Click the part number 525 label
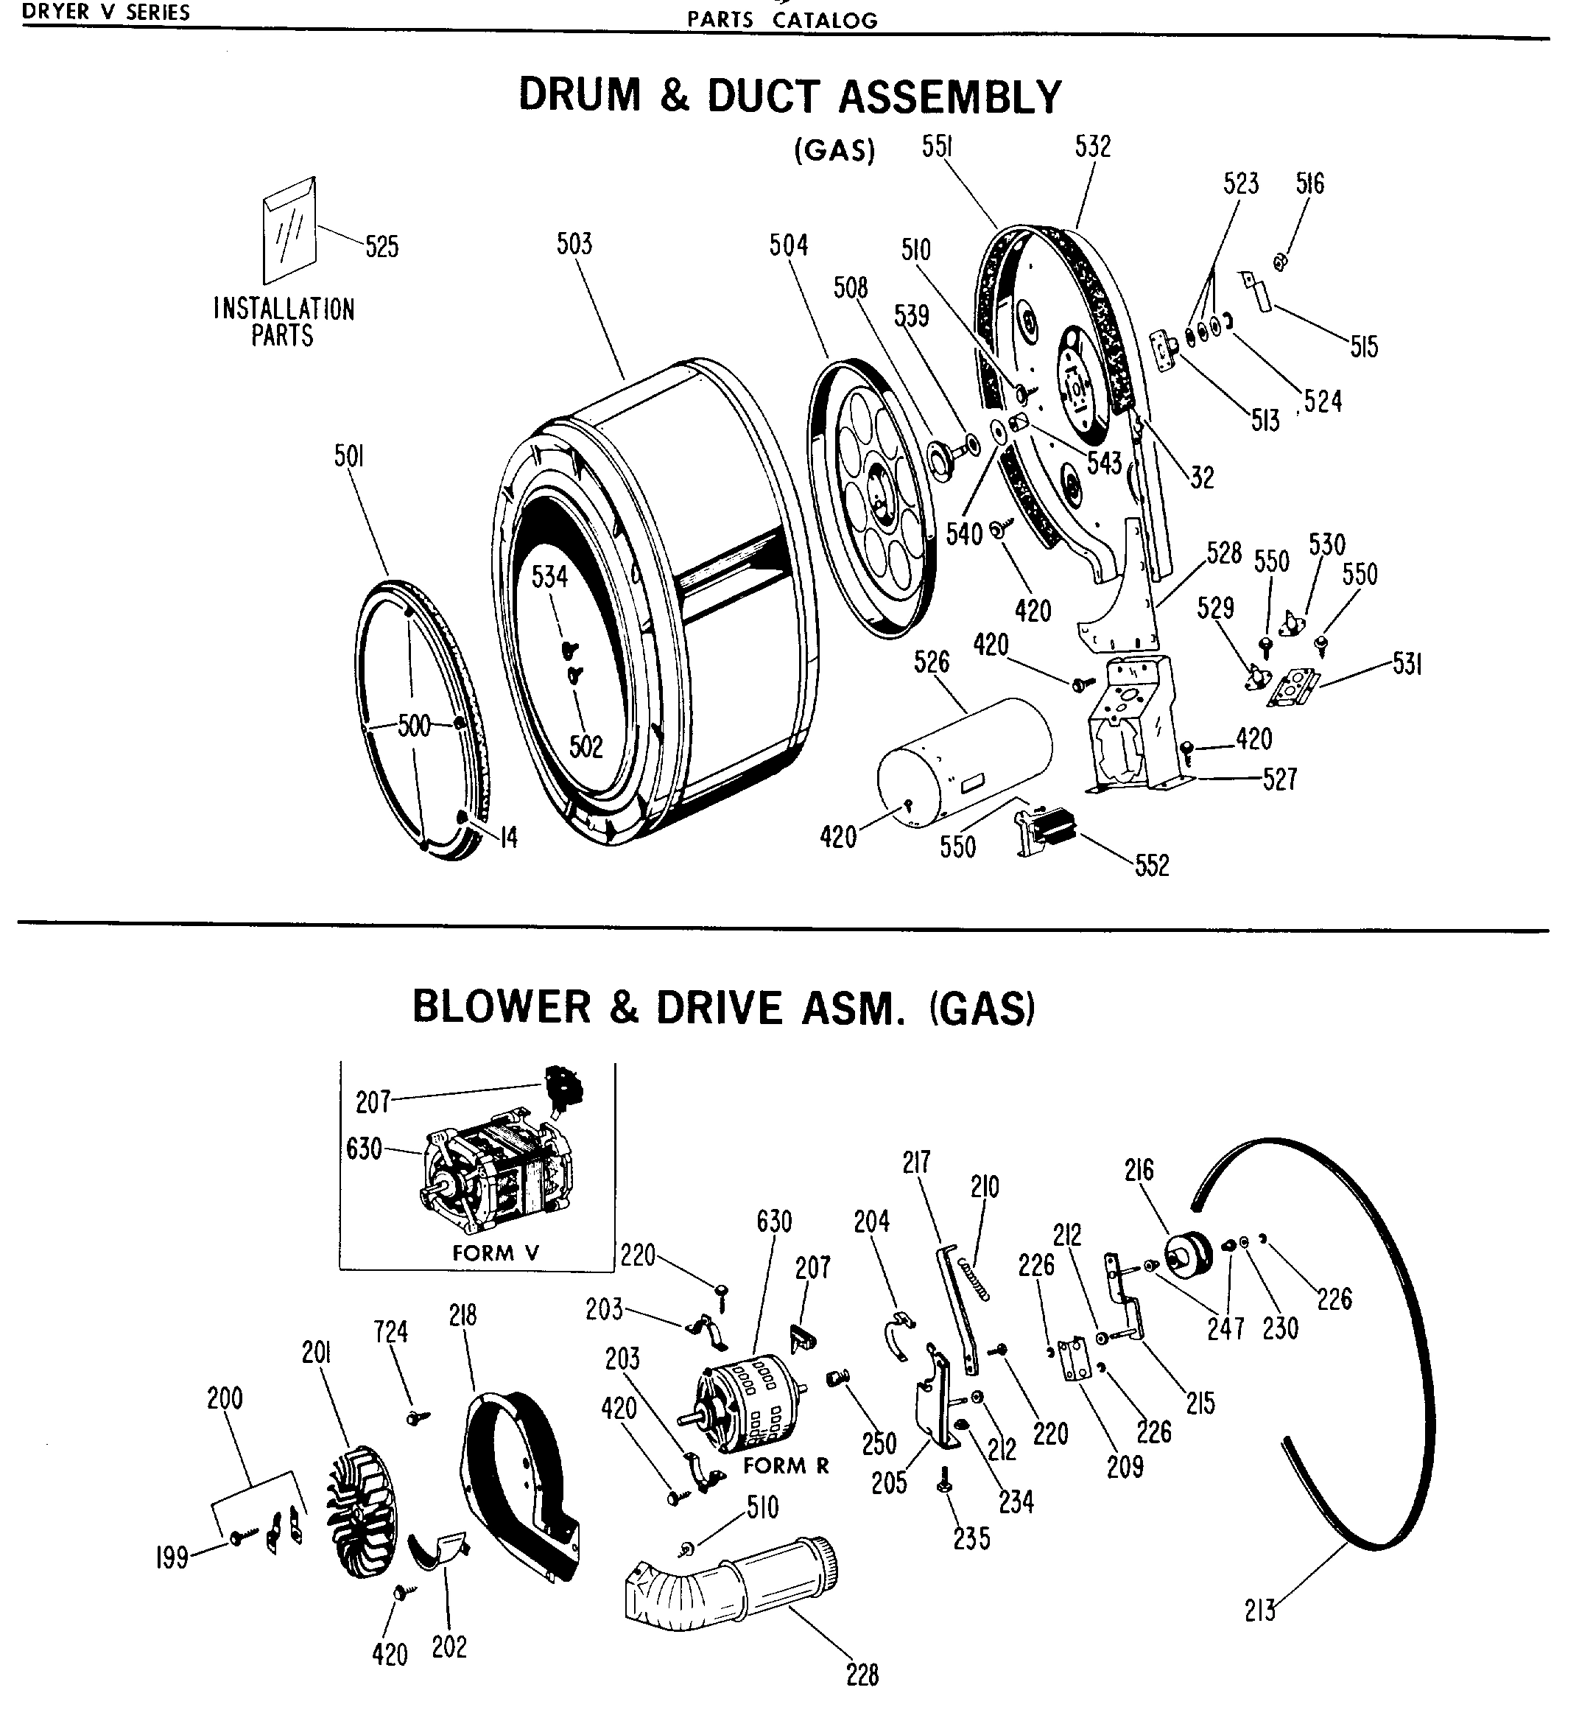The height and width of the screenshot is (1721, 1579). pos(382,247)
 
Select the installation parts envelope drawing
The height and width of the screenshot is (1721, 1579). pos(289,231)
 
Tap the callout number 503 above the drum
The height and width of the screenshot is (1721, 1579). pos(574,245)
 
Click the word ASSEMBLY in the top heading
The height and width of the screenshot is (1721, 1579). pos(949,96)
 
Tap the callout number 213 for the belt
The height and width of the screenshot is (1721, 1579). pos(1260,1610)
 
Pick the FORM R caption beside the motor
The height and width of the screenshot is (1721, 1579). pos(786,1465)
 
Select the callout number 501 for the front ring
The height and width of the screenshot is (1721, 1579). pos(348,458)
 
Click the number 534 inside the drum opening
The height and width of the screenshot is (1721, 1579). pos(549,577)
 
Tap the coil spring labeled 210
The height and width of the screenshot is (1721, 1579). pos(974,1279)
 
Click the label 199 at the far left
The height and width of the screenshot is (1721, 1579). pos(172,1557)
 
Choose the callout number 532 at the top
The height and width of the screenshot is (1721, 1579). pos(1093,147)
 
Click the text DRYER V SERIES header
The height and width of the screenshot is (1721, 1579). pos(106,12)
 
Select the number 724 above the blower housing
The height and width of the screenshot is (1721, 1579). pos(390,1331)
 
